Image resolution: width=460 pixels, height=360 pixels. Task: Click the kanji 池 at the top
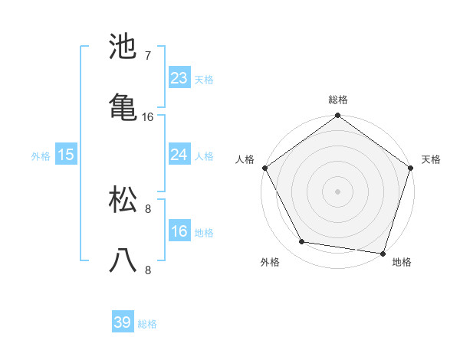(x=123, y=47)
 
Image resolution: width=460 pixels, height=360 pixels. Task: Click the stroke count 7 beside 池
(x=148, y=56)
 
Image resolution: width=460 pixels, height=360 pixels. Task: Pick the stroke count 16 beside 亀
(x=148, y=117)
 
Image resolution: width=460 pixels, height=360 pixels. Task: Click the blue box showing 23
(x=179, y=78)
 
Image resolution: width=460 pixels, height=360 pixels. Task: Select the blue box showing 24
(x=179, y=155)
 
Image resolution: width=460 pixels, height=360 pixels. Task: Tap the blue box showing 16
(x=179, y=231)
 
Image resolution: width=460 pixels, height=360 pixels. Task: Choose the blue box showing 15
(x=66, y=155)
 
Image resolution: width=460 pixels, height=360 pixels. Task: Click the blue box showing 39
(x=123, y=323)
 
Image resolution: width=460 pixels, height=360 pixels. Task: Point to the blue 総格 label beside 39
(x=148, y=325)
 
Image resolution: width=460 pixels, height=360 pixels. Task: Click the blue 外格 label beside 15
(x=41, y=156)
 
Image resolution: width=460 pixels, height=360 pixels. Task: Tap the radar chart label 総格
(x=338, y=100)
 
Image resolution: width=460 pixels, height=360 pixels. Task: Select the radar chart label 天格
(x=431, y=159)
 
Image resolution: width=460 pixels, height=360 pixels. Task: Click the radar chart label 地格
(x=402, y=263)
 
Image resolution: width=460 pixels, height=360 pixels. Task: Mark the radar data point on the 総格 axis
(x=338, y=116)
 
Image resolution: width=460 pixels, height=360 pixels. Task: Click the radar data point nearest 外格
(x=302, y=242)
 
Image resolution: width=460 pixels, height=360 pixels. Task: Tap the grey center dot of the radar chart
(x=338, y=191)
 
